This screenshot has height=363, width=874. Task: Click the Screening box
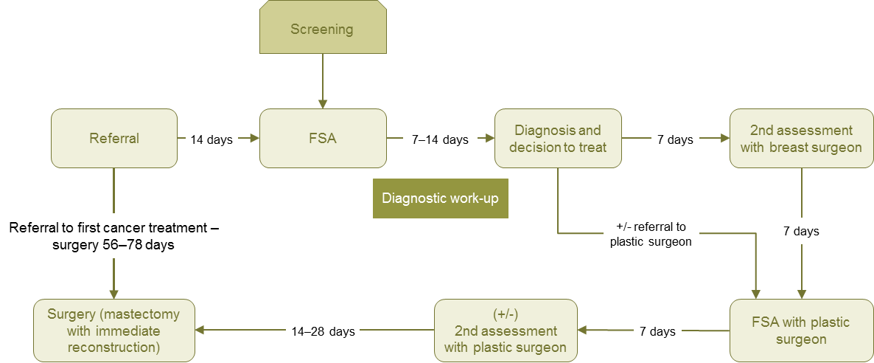pos(322,30)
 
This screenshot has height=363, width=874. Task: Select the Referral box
pos(113,138)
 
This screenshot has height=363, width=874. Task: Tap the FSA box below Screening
pos(322,138)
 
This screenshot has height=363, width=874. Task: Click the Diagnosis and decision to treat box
pos(558,138)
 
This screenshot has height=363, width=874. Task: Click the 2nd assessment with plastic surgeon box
pos(505,331)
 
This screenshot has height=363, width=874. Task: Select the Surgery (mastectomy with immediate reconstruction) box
pos(113,331)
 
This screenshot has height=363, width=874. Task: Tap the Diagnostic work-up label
pos(441,198)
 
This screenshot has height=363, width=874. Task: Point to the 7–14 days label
pos(440,139)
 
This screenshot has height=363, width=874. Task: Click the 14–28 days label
pos(322,331)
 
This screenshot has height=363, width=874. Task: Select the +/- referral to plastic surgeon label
pos(649,234)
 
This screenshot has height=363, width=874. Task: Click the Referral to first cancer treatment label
pos(113,236)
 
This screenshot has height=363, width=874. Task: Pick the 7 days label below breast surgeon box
pos(801,231)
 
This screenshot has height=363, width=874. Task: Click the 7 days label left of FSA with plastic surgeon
pos(657,331)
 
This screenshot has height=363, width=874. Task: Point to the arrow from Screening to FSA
pos(322,81)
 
